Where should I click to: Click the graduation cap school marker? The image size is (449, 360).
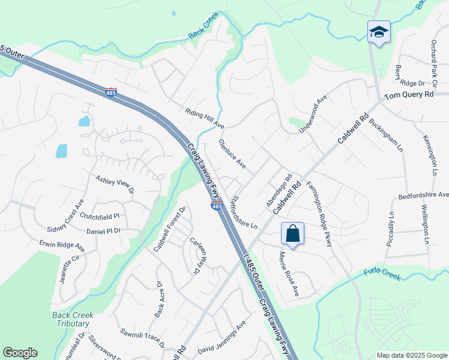[x=379, y=32]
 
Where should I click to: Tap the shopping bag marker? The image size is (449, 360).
[x=292, y=233]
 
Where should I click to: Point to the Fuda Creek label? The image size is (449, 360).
[x=382, y=273]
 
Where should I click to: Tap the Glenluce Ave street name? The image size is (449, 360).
[x=232, y=154]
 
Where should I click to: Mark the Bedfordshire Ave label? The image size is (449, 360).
[x=423, y=196]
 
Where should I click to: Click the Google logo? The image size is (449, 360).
[x=20, y=353]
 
